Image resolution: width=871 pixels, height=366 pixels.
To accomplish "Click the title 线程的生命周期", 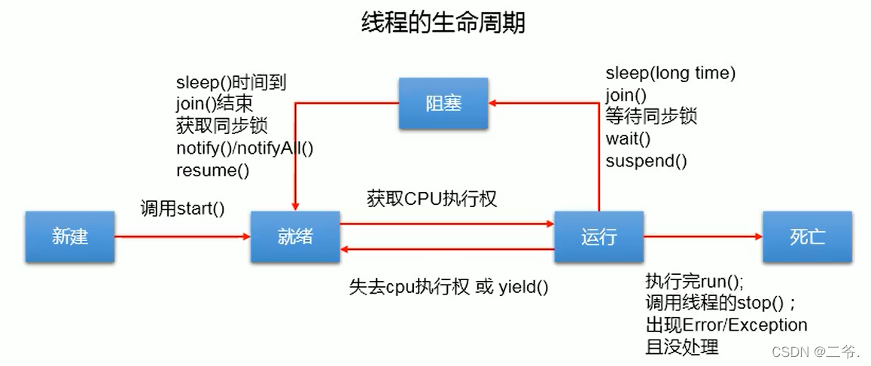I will pos(443,23).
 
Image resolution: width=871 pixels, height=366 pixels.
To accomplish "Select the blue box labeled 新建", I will pos(70,236).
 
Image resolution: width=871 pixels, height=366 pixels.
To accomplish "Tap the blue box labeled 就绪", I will pos(294,236).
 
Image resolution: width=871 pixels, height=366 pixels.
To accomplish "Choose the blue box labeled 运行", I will pos(598,236).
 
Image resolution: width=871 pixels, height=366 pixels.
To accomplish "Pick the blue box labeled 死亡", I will pos(807,236).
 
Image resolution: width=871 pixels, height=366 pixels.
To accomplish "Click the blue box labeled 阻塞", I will pos(443,103).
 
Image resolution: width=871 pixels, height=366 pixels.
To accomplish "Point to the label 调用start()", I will pos(182,209).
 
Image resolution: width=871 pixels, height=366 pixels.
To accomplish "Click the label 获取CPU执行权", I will pos(432,199).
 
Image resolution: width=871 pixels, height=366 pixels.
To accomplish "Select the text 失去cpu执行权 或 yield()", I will pos(448,286).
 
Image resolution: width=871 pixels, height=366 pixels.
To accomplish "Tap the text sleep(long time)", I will pos(670,73).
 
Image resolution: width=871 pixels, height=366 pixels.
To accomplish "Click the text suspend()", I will pos(646,160).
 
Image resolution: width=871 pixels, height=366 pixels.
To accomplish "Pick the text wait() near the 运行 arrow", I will pos(628,139).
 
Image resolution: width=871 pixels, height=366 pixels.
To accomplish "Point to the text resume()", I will pos(212,169).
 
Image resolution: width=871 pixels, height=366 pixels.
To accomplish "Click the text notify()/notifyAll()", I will pos(245,148).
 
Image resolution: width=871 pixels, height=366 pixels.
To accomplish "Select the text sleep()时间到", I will pos(231,82).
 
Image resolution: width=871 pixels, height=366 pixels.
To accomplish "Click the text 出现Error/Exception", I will pos(726,325).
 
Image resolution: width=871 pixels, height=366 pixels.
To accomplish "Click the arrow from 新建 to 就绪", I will pos(182,236).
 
